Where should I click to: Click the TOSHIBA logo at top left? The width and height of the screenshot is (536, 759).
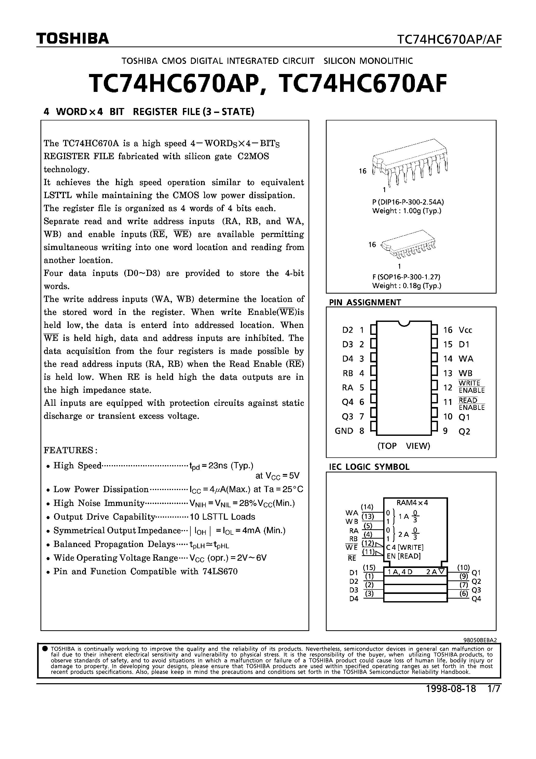click(72, 39)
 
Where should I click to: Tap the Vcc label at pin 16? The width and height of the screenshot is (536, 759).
click(465, 330)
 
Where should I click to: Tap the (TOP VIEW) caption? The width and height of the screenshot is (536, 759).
click(403, 446)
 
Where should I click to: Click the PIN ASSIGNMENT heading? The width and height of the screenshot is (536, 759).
click(365, 302)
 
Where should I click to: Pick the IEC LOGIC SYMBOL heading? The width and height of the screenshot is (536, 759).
click(369, 467)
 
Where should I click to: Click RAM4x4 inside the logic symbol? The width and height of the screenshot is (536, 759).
click(412, 503)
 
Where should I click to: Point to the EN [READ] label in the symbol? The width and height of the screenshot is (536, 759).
click(403, 556)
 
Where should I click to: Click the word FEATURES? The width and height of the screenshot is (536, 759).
click(70, 450)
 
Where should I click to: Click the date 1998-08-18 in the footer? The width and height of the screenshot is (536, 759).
click(451, 689)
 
